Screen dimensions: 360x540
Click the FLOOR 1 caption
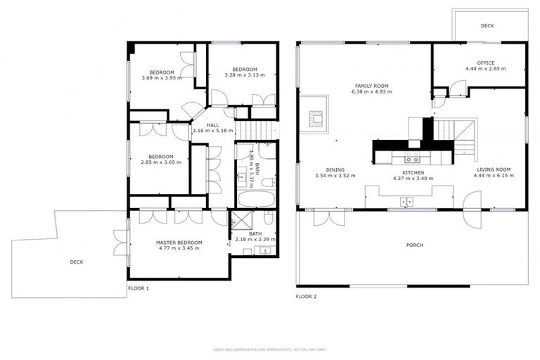[138, 288]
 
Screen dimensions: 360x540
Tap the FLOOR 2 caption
[306, 297]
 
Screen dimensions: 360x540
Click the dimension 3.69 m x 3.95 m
[161, 78]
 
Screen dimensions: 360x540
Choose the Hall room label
[212, 125]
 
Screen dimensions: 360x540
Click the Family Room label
[371, 86]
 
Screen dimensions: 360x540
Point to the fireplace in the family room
[314, 119]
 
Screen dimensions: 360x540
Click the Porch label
[416, 245]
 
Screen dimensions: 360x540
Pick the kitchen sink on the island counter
[406, 202]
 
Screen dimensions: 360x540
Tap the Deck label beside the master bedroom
[77, 262]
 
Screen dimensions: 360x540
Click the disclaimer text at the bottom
[269, 349]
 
